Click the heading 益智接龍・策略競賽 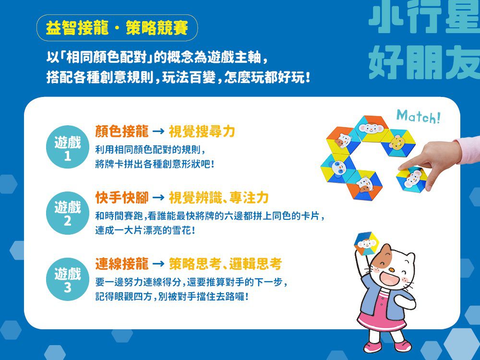[117, 28]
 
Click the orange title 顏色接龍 [121, 131]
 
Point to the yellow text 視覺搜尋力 [202, 131]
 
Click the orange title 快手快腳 [121, 197]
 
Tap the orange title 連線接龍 [121, 263]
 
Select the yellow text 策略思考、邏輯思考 [225, 263]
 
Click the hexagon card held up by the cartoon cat [367, 244]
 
